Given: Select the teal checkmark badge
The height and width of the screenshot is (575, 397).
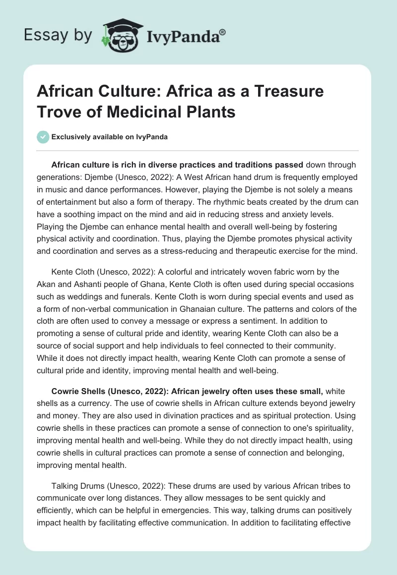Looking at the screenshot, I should pos(43,137).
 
